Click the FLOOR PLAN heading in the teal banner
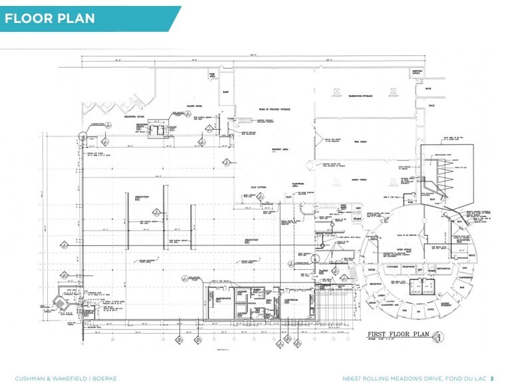[x=49, y=19]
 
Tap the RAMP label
[x=225, y=92]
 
